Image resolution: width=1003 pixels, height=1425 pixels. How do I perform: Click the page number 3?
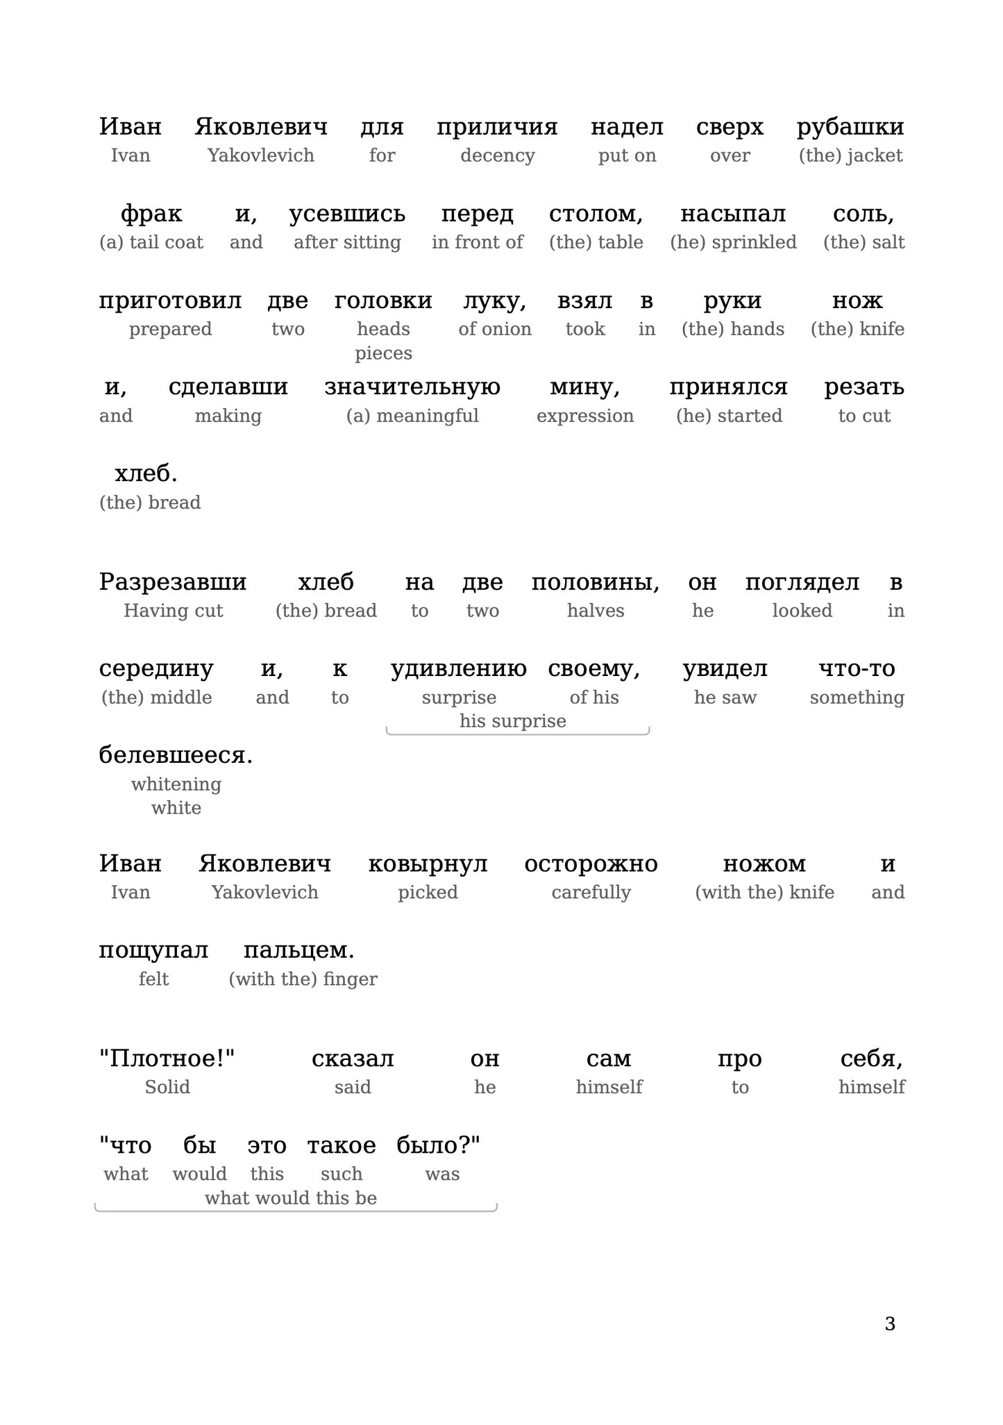890,1324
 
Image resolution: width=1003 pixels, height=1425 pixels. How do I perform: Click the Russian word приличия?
497,127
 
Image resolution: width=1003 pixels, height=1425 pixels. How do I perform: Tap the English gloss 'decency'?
497,155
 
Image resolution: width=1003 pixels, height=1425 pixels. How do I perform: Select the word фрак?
151,214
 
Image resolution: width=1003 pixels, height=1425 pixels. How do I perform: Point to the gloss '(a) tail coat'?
151,242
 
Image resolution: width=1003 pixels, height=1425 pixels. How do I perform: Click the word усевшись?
347,214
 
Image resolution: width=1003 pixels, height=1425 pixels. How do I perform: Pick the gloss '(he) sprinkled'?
733,242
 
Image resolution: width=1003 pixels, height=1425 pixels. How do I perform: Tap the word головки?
383,301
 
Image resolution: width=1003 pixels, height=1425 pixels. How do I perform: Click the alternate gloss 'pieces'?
383,353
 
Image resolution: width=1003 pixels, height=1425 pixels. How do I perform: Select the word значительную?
412,387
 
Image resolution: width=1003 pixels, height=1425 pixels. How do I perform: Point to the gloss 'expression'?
585,416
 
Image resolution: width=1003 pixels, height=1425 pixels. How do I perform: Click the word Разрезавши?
173,582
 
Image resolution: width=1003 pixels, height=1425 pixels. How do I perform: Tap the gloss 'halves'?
596,611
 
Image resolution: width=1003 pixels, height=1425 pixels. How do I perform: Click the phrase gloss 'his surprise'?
513,721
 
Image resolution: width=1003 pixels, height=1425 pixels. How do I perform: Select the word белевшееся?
176,755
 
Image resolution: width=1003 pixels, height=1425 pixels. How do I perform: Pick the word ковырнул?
428,864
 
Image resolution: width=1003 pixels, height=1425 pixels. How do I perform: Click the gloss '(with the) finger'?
303,979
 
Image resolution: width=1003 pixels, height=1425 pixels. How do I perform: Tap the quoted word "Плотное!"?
167,1059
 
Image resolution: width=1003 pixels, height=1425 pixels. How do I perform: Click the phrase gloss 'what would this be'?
291,1198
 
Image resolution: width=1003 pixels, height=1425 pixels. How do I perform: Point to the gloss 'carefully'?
591,893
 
